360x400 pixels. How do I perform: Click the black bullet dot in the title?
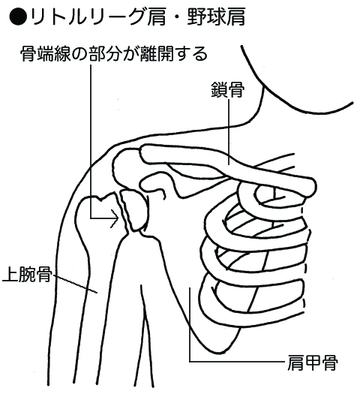click(x=18, y=17)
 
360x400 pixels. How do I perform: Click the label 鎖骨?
click(x=228, y=90)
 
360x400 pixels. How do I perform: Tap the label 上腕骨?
click(x=27, y=275)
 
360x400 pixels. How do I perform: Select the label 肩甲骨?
click(x=313, y=362)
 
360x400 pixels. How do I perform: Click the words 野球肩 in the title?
click(x=216, y=17)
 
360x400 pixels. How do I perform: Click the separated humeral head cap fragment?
click(x=134, y=209)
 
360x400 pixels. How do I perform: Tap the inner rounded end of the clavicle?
click(x=310, y=187)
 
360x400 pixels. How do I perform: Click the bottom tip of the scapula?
click(x=223, y=351)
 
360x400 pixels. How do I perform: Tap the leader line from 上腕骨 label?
click(x=76, y=284)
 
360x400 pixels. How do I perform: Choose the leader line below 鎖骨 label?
click(x=229, y=132)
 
